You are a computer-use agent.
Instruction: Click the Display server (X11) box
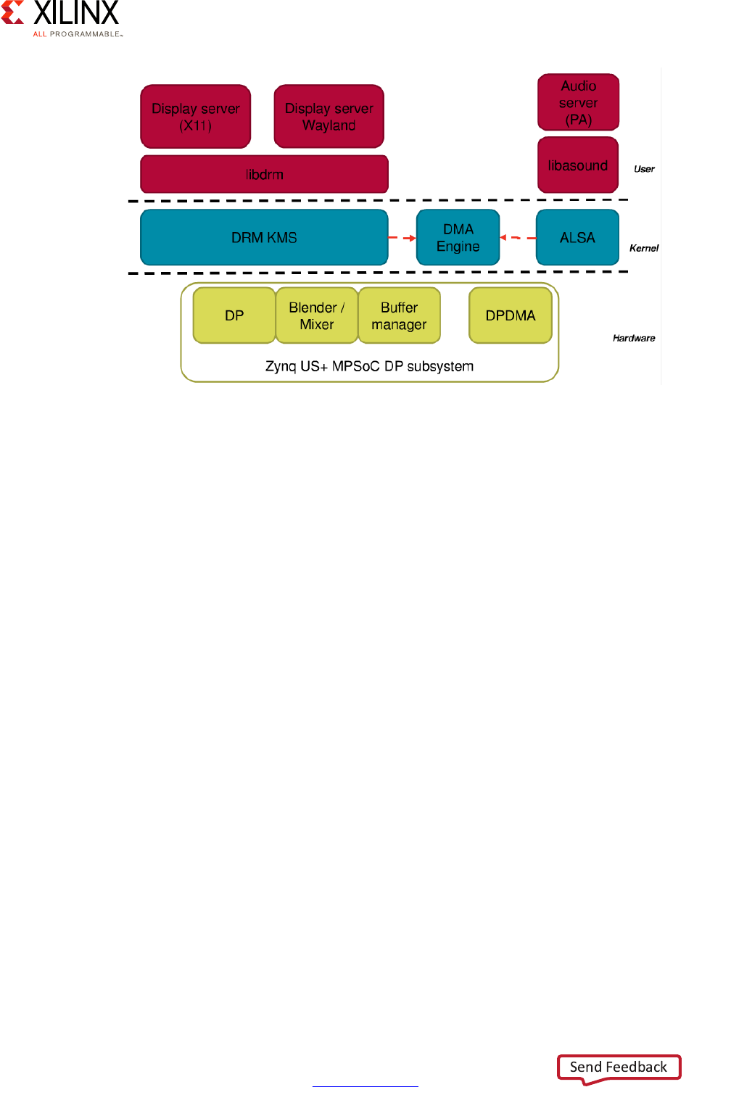[x=195, y=117]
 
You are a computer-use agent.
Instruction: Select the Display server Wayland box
[x=329, y=117]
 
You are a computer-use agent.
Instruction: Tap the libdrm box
[x=264, y=174]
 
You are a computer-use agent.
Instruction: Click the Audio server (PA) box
[x=578, y=102]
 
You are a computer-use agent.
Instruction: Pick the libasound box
[x=578, y=165]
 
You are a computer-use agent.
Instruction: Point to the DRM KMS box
[x=264, y=237]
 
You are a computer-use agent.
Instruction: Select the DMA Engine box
[x=458, y=237]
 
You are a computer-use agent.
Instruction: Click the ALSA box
[x=577, y=237]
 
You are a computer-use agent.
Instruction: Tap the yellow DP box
[x=234, y=315]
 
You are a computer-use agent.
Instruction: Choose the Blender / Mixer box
[x=317, y=315]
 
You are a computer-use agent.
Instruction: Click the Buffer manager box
[x=399, y=315]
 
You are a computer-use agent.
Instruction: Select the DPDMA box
[x=511, y=315]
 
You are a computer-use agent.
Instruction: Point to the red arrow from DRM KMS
[x=402, y=238]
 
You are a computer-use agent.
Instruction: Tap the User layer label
[x=644, y=169]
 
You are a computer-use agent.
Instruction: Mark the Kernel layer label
[x=644, y=248]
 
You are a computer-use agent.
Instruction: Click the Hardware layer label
[x=634, y=338]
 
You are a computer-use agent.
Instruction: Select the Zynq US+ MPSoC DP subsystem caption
[x=369, y=366]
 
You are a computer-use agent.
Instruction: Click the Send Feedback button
[x=619, y=1067]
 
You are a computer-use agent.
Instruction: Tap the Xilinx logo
[x=63, y=18]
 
